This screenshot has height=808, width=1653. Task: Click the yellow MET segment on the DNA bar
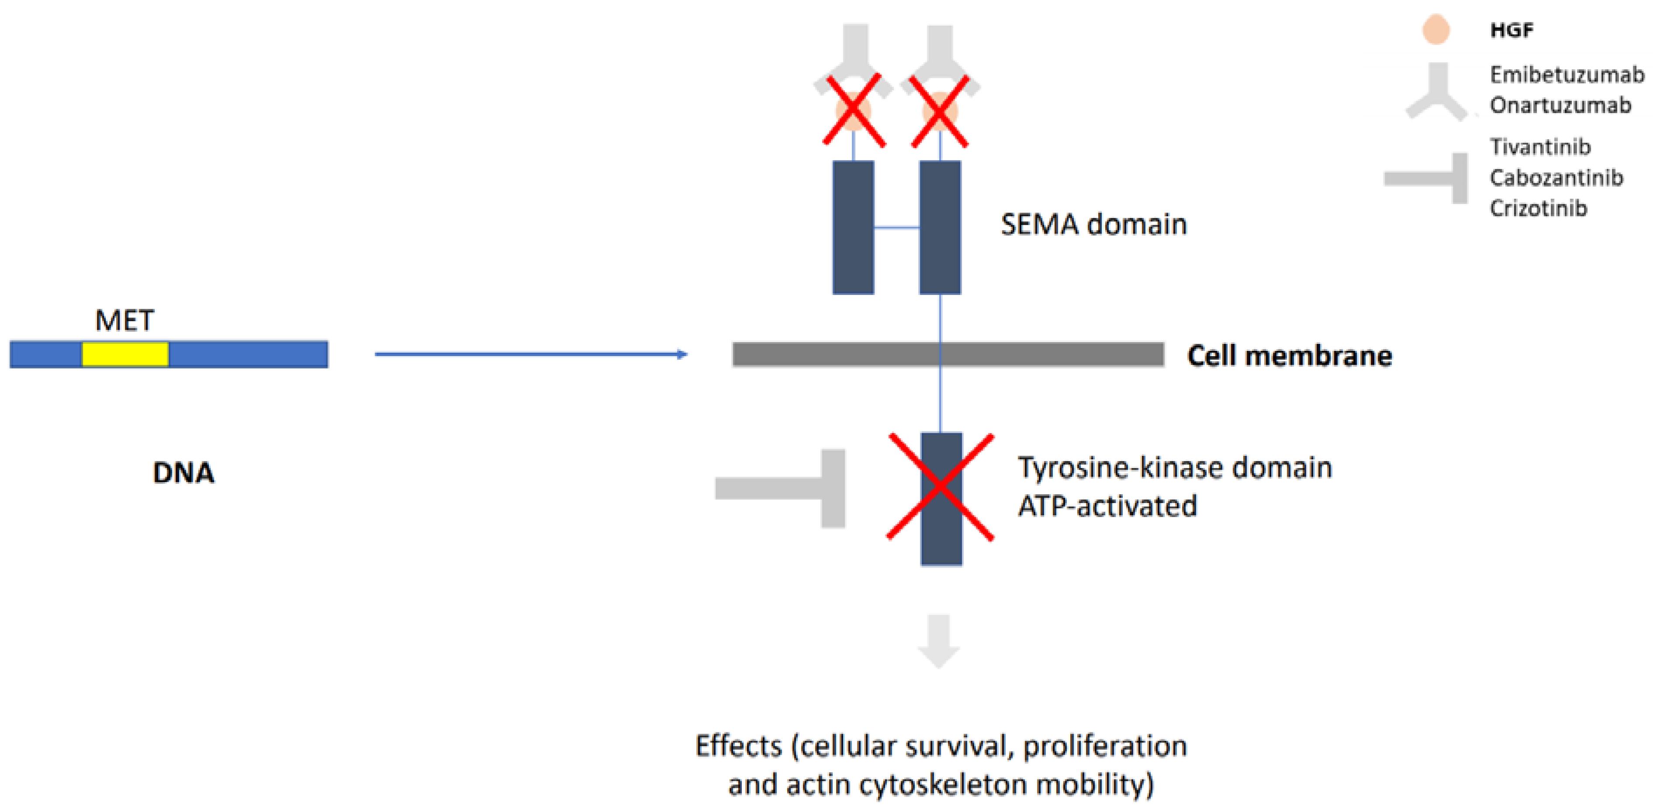point(125,354)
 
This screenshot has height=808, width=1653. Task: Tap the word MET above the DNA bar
point(124,320)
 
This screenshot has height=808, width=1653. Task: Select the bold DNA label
point(183,473)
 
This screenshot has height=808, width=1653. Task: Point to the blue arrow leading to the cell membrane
point(531,354)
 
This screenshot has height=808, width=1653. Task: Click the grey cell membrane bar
point(948,354)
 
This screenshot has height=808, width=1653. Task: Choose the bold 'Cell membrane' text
point(1290,356)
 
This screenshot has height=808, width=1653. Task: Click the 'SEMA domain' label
point(1094,225)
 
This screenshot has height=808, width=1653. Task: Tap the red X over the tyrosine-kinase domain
point(941,487)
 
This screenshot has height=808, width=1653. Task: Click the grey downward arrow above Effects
point(939,641)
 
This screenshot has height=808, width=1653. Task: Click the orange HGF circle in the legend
point(1436,30)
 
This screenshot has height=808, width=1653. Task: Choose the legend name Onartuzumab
point(1560,105)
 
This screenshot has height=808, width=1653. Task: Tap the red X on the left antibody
point(854,111)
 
